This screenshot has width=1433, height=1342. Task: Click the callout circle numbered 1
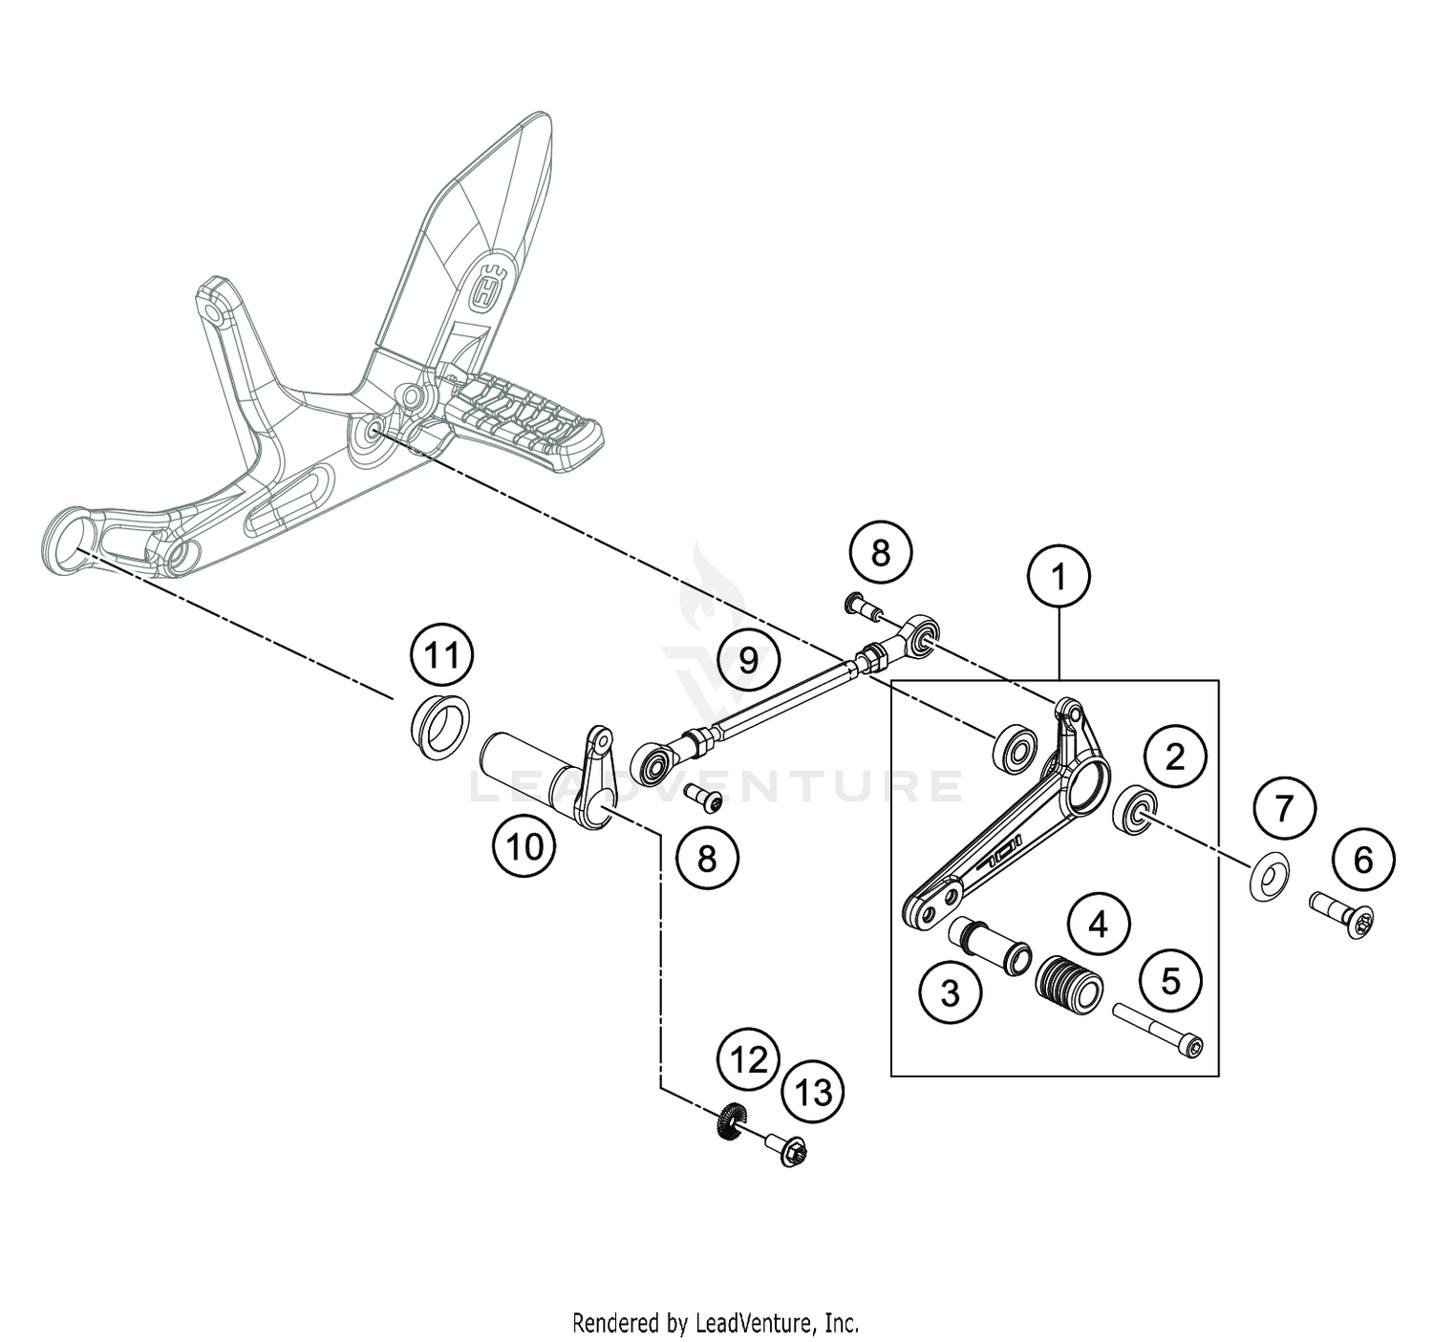click(1058, 577)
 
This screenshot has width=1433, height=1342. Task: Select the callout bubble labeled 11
click(441, 656)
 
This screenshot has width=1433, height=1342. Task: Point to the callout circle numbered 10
click(524, 845)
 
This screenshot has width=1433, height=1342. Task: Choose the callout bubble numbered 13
click(814, 1092)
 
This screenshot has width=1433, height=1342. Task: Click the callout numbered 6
click(1362, 859)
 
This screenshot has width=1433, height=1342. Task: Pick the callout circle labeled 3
click(950, 992)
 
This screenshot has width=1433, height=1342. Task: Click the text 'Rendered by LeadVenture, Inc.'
click(716, 1323)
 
